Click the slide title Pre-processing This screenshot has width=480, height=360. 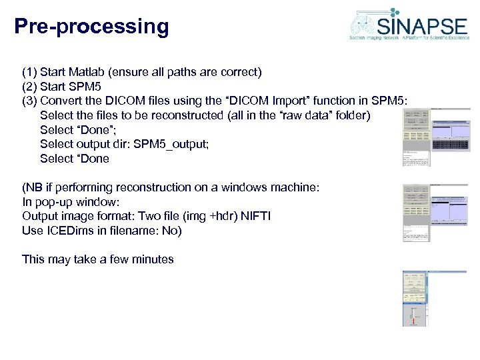click(91, 27)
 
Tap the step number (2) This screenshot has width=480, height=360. click(29, 86)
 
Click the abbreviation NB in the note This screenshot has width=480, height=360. click(34, 188)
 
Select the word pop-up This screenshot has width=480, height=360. click(54, 202)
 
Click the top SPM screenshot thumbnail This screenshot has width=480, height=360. click(436, 137)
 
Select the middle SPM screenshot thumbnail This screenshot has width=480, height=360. click(436, 213)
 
